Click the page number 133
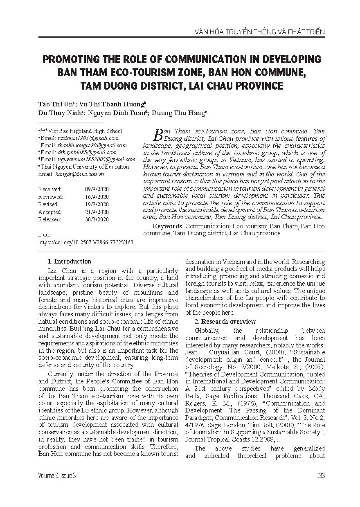click(x=320, y=475)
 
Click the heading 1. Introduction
click(x=70, y=261)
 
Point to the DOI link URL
click(x=85, y=242)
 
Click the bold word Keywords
click(x=167, y=226)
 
